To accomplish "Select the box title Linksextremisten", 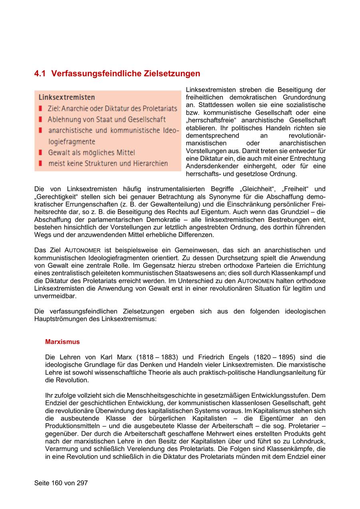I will point(67,97).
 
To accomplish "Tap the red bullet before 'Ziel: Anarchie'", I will point(40,108).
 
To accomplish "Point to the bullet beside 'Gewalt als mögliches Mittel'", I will point(40,152).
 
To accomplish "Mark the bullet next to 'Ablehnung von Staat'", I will point(40,119).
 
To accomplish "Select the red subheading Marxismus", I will point(62,342).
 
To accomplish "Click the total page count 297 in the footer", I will point(81,483).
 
